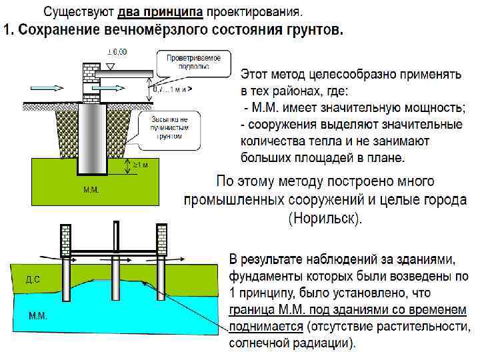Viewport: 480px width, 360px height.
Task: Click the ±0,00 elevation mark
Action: coord(117,51)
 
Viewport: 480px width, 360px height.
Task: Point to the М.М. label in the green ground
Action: coord(91,190)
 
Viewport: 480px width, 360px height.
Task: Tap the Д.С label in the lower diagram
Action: coord(33,279)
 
